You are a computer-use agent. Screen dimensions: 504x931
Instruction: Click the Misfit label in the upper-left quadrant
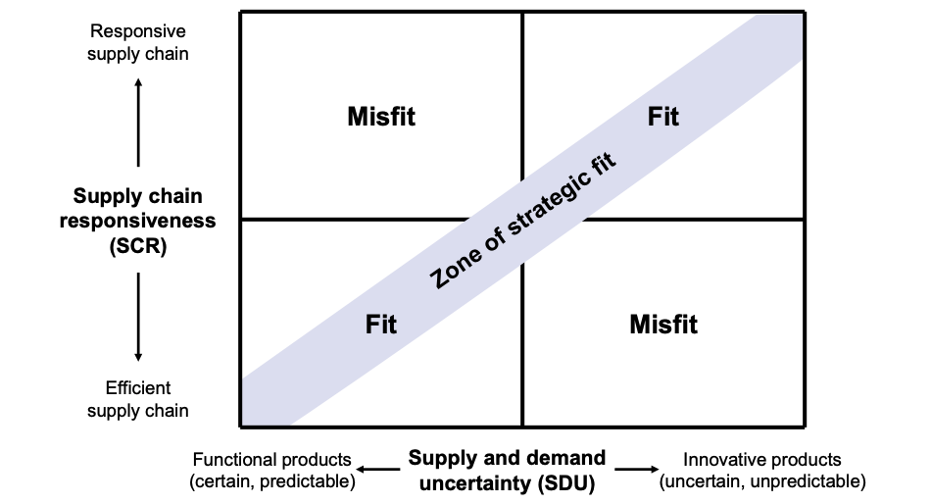(381, 117)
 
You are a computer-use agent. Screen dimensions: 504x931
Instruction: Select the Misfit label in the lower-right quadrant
(663, 324)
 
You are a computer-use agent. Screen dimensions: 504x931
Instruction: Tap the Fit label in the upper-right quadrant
(663, 117)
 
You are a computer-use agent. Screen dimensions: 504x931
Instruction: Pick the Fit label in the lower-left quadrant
(381, 324)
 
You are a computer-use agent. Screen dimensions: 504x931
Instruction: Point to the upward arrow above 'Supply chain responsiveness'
(138, 123)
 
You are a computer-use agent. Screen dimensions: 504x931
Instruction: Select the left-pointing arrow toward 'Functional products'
(380, 471)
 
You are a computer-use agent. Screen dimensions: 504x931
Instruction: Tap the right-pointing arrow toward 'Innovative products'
(636, 471)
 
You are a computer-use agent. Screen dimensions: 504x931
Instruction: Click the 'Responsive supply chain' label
(138, 43)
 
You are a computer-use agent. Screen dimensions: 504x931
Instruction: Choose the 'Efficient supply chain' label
(138, 399)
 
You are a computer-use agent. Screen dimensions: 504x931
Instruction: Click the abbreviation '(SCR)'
(138, 246)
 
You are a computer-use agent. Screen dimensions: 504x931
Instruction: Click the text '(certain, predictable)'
(272, 481)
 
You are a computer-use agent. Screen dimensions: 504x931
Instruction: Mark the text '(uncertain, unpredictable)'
(762, 481)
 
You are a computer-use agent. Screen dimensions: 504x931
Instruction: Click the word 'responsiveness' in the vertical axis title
(138, 222)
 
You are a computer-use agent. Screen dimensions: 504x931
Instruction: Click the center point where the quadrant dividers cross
(522, 219)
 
